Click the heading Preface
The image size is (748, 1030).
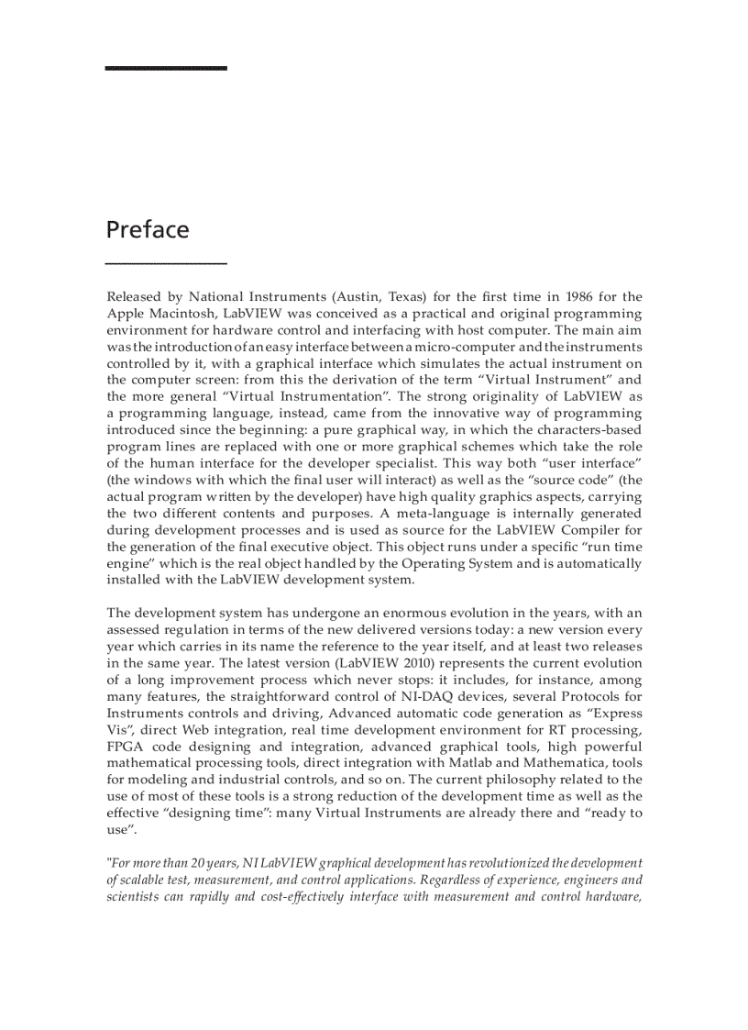[x=148, y=229]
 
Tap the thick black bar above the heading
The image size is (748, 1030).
[x=166, y=68]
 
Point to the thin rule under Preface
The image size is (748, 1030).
[x=166, y=263]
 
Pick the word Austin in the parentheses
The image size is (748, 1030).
[x=358, y=296]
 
